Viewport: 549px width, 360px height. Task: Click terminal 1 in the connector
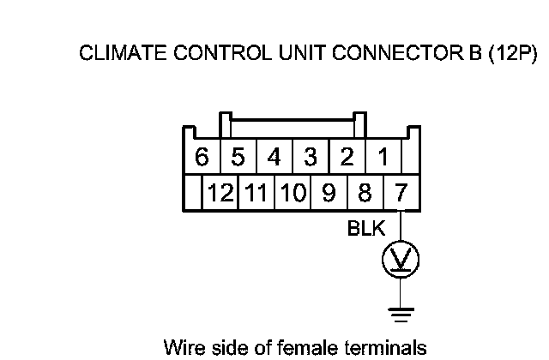(x=383, y=158)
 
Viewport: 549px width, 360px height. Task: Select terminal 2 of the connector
(x=347, y=158)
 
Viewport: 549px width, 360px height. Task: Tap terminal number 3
(x=311, y=158)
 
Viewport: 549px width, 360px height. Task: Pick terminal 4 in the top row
(x=274, y=158)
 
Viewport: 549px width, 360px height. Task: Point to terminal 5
(x=238, y=158)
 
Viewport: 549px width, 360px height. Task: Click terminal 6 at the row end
(x=202, y=158)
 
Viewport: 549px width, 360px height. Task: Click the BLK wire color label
(x=366, y=229)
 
